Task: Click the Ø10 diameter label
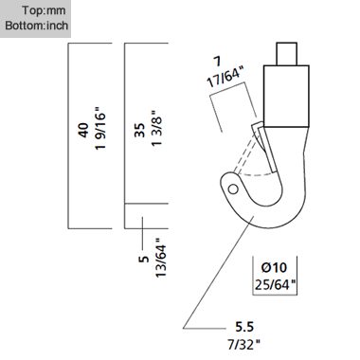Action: pyautogui.click(x=274, y=266)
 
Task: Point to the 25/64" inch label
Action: pyautogui.click(x=274, y=281)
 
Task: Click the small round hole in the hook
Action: pyautogui.click(x=233, y=189)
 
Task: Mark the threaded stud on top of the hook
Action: pyautogui.click(x=289, y=52)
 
